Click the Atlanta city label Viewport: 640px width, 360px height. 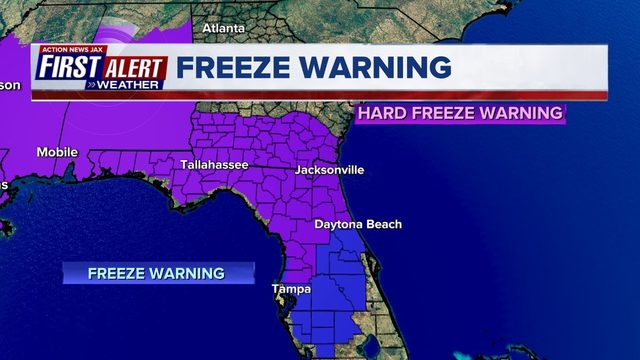(223, 28)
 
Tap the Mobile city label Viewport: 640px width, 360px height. (57, 152)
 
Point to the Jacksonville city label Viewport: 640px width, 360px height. (329, 170)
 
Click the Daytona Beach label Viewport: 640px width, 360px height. (357, 224)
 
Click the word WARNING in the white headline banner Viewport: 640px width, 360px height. (378, 68)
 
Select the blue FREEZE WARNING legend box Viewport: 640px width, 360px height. (157, 273)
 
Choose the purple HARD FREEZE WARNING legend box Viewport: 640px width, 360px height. (459, 113)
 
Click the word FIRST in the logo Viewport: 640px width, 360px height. (70, 68)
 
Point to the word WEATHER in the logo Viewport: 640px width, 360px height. (125, 85)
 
